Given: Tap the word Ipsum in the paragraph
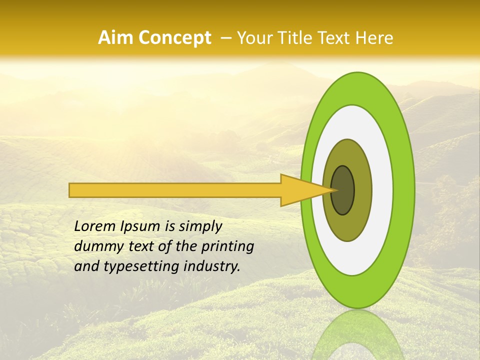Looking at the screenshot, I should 141,226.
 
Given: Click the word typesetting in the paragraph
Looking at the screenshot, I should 132,266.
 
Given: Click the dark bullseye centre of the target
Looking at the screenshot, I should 343,190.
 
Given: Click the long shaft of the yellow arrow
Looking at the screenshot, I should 175,190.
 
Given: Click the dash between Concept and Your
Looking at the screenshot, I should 224,38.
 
